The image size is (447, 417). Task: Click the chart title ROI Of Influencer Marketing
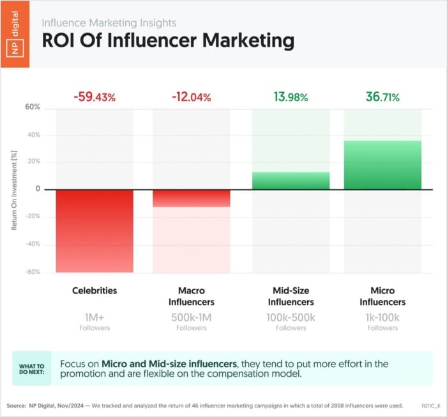[168, 40]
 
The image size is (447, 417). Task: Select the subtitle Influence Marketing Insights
[109, 22]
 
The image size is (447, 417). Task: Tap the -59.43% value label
[95, 97]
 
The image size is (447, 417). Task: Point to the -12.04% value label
[192, 97]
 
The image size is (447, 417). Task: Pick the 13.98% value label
[291, 97]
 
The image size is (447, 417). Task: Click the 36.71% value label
[383, 97]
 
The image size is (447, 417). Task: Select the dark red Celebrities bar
[95, 230]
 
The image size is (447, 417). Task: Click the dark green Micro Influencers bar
[383, 165]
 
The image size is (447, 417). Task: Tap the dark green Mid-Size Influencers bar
[291, 181]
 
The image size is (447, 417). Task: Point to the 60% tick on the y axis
[33, 107]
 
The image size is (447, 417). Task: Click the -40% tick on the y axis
[31, 244]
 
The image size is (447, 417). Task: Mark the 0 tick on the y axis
[38, 189]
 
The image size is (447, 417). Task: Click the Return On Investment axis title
[14, 189]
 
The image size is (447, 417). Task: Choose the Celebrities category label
[95, 290]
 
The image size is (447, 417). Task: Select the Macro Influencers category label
[192, 296]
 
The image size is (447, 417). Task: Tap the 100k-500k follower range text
[291, 318]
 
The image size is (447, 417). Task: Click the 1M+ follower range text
[95, 318]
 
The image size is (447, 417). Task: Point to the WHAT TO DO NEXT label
[32, 368]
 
